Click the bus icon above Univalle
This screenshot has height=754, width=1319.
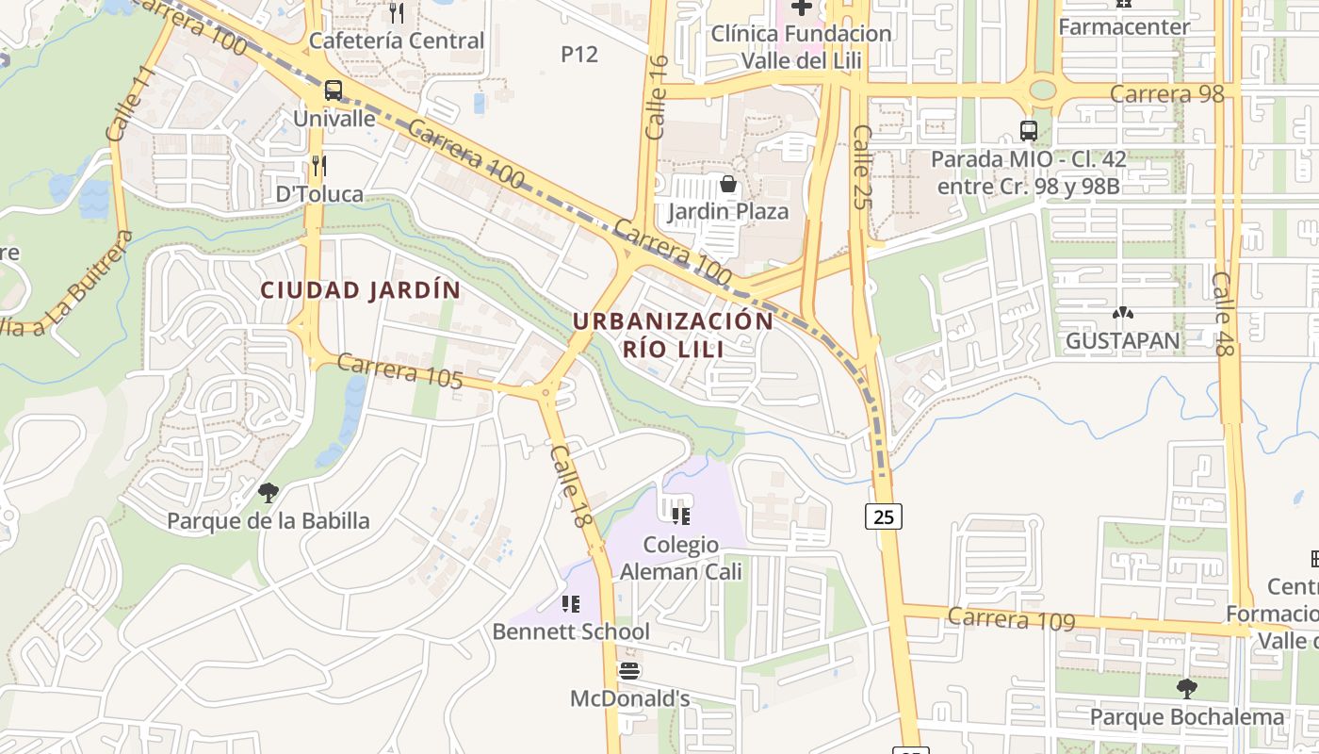334,90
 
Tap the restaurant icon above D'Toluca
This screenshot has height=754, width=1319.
319,167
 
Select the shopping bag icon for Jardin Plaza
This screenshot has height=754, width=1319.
728,183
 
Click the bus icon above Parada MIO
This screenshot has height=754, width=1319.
1029,131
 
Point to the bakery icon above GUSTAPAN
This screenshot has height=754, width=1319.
1122,313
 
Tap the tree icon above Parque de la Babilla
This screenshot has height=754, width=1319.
269,492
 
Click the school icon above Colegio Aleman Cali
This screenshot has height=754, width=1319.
681,516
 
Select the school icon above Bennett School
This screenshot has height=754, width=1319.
571,603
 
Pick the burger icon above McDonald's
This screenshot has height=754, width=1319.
629,671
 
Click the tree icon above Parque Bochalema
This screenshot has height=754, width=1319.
1186,689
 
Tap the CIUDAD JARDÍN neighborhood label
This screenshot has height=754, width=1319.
361,290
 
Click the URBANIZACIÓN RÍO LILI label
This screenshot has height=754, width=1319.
673,335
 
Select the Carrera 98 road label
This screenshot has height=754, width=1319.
1166,94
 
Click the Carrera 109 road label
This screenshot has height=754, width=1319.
1011,618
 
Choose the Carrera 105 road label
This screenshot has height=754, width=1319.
399,370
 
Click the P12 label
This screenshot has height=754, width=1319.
579,55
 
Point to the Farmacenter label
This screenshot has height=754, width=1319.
1124,26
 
